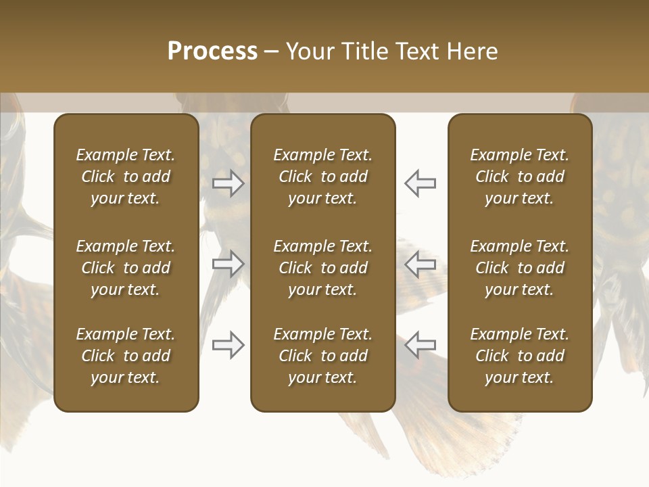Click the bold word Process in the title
(x=212, y=51)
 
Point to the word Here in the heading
(x=471, y=51)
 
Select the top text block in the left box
(x=126, y=177)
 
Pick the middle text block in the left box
(x=126, y=268)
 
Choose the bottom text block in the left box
(x=126, y=356)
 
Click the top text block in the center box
(x=323, y=177)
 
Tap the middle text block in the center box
(x=323, y=268)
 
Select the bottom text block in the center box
(x=323, y=356)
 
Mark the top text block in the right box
(x=520, y=177)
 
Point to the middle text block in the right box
(x=520, y=268)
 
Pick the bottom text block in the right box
(x=520, y=356)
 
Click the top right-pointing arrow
(x=228, y=183)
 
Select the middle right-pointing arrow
(x=228, y=264)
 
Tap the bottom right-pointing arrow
(x=228, y=345)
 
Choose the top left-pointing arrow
(x=420, y=183)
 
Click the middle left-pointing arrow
(x=420, y=264)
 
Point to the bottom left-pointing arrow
(x=420, y=345)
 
